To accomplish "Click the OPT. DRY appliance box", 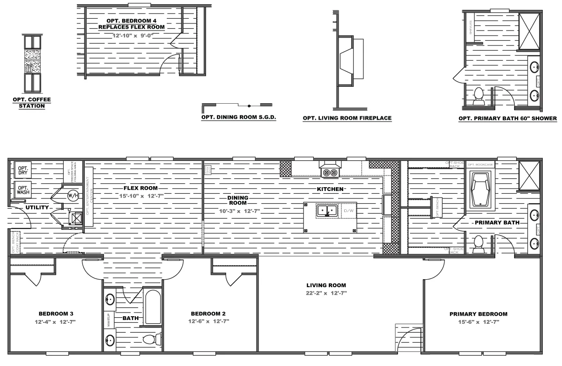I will point(22,171).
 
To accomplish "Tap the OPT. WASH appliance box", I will point(22,190).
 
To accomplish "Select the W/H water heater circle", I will point(73,195).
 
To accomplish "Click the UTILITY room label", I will point(37,207).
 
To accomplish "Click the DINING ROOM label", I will point(238,200).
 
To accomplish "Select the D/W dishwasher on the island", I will point(348,211).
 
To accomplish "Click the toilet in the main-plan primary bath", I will point(478,244).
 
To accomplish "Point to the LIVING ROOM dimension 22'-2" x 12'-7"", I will point(326,293).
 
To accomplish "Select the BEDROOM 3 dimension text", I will point(55,322).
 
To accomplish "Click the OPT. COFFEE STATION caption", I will point(32,103).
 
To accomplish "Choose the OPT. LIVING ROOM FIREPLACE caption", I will point(347,118).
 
